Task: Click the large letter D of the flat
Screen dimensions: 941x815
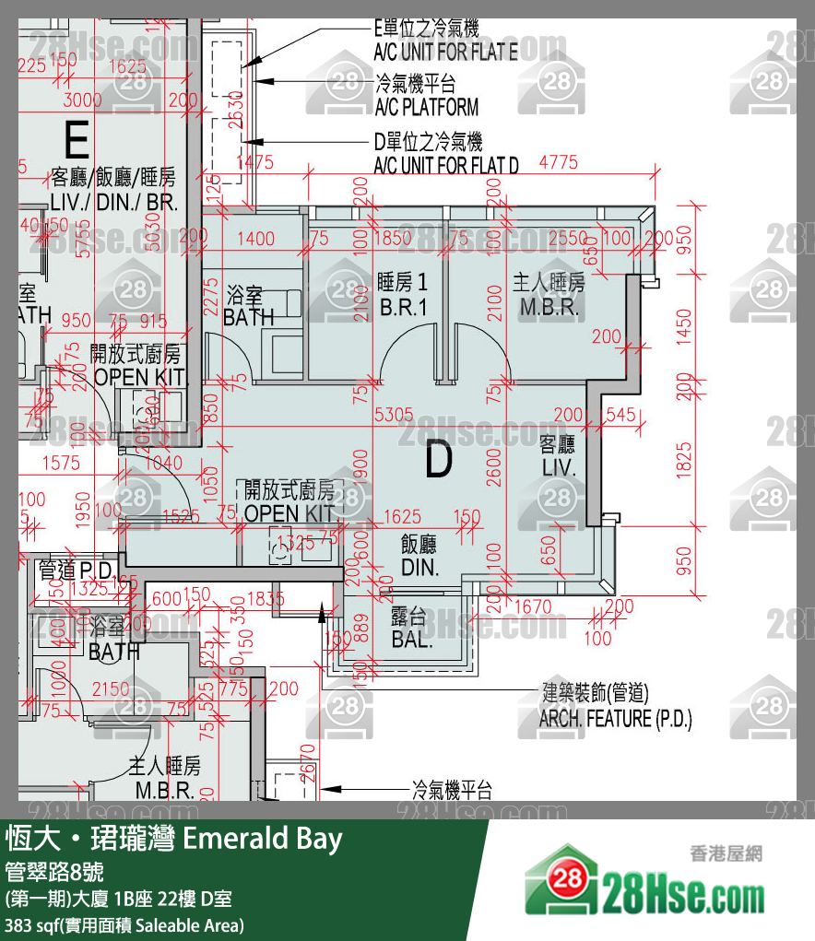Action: [439, 461]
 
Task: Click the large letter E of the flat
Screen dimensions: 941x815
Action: [77, 141]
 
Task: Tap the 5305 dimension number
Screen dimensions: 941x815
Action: [394, 416]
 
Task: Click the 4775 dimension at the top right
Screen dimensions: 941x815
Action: [558, 162]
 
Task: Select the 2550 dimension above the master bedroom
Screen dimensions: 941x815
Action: [568, 238]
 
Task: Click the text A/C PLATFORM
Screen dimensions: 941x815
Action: [426, 107]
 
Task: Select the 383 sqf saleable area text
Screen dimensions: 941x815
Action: [124, 924]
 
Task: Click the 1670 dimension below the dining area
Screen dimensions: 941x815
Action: [534, 606]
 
